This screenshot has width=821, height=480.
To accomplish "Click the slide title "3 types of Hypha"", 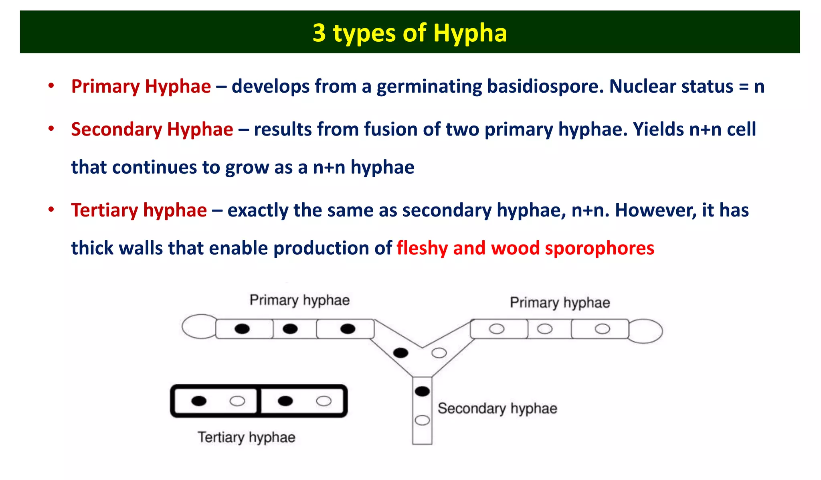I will tap(410, 33).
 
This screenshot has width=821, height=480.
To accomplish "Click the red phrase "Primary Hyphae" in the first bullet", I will tap(141, 87).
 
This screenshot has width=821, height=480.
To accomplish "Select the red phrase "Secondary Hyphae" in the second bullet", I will tap(152, 130).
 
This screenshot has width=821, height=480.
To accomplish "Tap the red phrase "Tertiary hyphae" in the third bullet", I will tap(139, 211).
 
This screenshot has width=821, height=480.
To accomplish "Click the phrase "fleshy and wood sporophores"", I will tap(525, 248).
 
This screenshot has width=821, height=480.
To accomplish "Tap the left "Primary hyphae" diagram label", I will tap(299, 300).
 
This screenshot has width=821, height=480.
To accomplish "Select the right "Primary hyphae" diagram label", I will tap(560, 303).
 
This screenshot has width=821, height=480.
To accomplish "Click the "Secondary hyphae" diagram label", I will tap(497, 409).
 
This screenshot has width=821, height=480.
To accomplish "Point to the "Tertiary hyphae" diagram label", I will tap(246, 437).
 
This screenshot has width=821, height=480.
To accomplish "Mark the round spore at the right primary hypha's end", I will tap(646, 331).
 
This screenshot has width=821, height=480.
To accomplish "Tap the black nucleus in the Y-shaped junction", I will tap(400, 353).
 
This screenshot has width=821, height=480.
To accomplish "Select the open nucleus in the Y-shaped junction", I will tap(439, 353).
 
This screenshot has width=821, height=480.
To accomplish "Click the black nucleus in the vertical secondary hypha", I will tap(422, 391).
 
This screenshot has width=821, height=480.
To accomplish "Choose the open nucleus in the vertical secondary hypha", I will tap(422, 420).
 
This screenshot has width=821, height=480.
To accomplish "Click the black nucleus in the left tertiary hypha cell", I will tap(199, 401).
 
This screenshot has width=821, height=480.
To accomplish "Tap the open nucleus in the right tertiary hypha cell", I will tap(324, 401).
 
